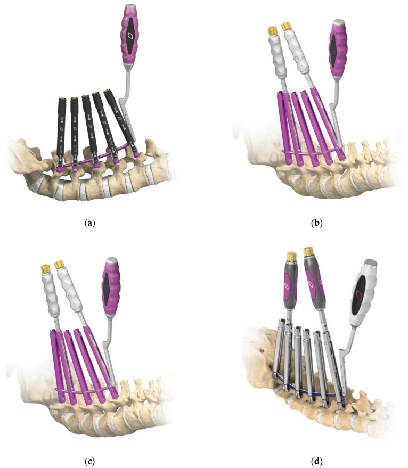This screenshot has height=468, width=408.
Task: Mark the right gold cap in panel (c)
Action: tap(60, 264)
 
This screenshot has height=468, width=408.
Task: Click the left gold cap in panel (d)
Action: tap(292, 257)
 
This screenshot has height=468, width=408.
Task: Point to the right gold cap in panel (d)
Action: tap(308, 252)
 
